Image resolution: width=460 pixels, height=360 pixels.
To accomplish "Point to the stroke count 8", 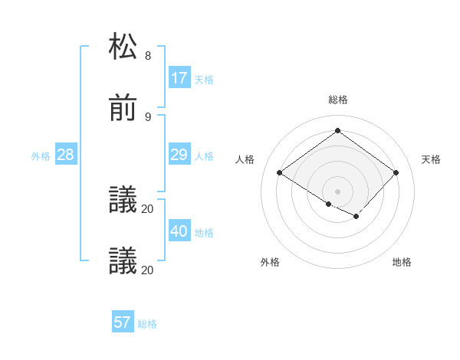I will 148,56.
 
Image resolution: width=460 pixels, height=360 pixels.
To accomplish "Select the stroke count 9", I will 148,116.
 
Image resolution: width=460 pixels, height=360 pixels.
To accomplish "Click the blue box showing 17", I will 179,78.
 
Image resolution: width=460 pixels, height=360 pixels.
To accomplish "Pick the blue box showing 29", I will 179,155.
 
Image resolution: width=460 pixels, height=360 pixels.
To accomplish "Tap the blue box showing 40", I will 179,231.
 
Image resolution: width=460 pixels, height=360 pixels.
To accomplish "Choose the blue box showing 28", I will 66,155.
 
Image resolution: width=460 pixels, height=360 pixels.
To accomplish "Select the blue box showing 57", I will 123,322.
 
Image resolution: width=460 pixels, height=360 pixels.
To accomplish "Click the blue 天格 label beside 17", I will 204,80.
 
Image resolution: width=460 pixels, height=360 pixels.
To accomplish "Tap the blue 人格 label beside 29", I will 204,156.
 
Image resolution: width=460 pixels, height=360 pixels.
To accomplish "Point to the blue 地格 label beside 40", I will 204,233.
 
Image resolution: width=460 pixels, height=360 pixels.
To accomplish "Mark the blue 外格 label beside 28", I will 41,156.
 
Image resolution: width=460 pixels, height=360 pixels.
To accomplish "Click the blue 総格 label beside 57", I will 147,324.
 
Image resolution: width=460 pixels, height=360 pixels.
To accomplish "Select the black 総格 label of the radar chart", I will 338,100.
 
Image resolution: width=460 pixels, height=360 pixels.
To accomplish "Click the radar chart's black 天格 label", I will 431,159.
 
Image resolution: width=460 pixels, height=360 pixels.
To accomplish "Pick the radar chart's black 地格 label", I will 402,262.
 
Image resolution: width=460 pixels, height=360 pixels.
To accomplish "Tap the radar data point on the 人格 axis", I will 280,173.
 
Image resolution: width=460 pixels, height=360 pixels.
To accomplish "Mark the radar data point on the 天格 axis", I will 396,173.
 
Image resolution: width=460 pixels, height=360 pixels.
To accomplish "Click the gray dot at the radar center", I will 338,191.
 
